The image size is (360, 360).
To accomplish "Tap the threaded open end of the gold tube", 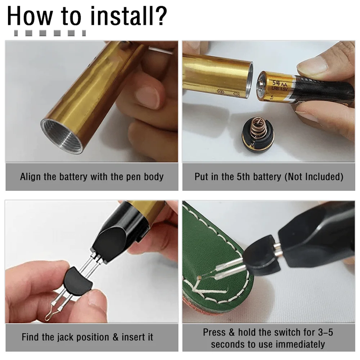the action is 62,136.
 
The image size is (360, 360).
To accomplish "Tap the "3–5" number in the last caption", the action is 325,332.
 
